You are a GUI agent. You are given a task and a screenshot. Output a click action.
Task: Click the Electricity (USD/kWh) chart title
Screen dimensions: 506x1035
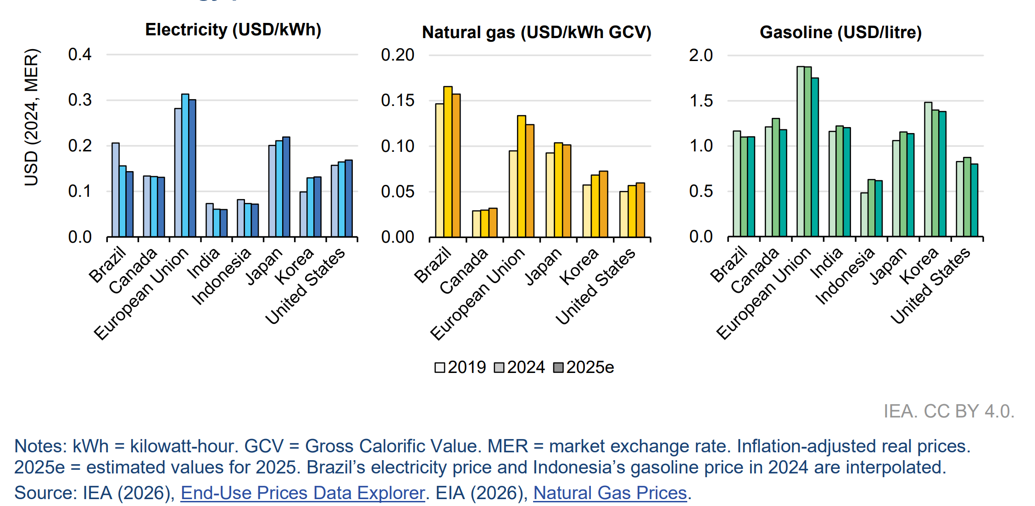pyautogui.click(x=233, y=30)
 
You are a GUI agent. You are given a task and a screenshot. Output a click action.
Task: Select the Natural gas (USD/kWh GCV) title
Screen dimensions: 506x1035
pyautogui.click(x=536, y=33)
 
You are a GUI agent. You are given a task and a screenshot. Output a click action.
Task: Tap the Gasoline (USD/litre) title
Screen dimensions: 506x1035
pyautogui.click(x=840, y=33)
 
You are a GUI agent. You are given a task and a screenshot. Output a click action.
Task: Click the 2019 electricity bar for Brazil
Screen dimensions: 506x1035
pyautogui.click(x=116, y=190)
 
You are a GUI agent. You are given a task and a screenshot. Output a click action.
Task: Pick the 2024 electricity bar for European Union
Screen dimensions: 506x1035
pyautogui.click(x=185, y=166)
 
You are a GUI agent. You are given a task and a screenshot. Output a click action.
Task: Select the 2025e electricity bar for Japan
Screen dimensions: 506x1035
pyautogui.click(x=286, y=187)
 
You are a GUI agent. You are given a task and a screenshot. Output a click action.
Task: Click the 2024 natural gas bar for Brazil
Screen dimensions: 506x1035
pyautogui.click(x=448, y=162)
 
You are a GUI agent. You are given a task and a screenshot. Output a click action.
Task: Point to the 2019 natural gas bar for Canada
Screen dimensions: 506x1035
pyautogui.click(x=477, y=224)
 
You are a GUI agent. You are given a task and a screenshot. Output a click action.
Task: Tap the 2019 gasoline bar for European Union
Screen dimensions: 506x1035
pyautogui.click(x=801, y=151)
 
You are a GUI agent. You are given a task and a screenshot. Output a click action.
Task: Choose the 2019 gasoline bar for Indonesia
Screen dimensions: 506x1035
pyautogui.click(x=864, y=215)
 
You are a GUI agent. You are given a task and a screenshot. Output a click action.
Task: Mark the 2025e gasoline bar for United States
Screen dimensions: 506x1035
pyautogui.click(x=974, y=200)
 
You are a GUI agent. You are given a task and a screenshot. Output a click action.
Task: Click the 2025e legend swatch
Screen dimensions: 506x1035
pyautogui.click(x=558, y=368)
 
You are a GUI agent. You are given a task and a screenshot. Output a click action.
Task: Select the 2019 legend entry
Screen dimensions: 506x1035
pyautogui.click(x=460, y=367)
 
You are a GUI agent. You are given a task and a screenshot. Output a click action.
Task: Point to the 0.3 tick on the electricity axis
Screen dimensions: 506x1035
pyautogui.click(x=80, y=100)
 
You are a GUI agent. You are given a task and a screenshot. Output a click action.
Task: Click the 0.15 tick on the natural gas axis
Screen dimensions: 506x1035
pyautogui.click(x=397, y=100)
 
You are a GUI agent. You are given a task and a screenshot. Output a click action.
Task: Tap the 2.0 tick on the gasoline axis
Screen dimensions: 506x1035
pyautogui.click(x=701, y=56)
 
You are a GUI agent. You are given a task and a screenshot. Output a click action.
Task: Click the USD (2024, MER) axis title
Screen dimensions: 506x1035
pyautogui.click(x=31, y=117)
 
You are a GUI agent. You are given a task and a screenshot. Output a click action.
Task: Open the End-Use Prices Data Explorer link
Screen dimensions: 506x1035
pyautogui.click(x=303, y=493)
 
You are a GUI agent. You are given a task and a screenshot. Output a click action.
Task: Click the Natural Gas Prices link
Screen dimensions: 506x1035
pyautogui.click(x=610, y=493)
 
